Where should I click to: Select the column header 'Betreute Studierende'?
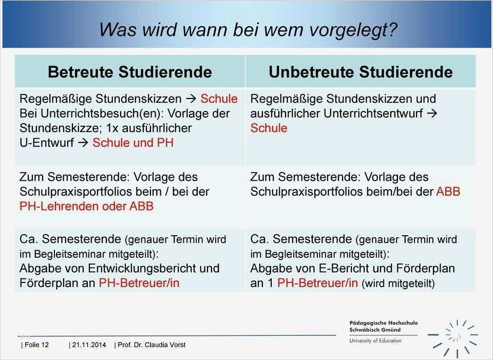129,71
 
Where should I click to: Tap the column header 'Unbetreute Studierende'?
361,71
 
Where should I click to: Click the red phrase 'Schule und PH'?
133,142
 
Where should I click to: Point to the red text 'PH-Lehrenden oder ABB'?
86,206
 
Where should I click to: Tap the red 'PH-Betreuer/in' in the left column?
139,282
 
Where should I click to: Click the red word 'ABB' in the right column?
448,192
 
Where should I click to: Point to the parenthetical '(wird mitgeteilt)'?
398,283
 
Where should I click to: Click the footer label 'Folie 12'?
36,345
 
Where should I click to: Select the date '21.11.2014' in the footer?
89,345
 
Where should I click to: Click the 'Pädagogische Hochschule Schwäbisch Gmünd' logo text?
383,327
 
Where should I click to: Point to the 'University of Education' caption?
375,340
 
